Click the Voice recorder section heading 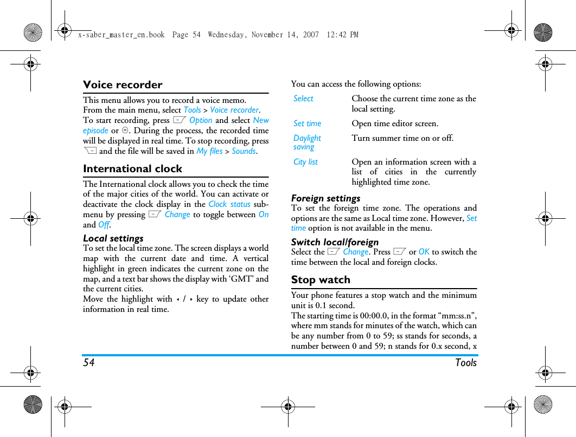123,85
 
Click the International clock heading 132,169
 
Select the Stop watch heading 321,280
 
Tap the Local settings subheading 113,238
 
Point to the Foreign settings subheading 325,198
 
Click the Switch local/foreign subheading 335,242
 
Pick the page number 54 88,363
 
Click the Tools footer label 465,363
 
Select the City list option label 305,162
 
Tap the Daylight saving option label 307,142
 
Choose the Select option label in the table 303,99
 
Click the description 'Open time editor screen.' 394,123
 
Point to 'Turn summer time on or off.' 402,138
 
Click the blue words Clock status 229,204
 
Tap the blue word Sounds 244,151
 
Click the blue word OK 424,252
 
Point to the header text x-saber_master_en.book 121,35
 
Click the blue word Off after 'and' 104,225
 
